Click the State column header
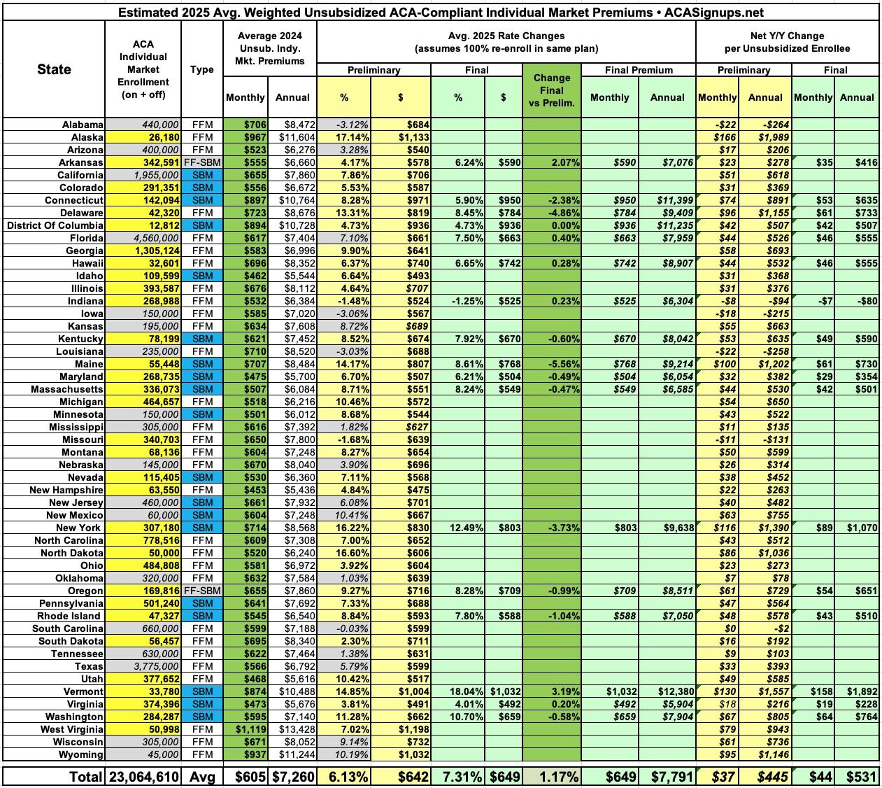[54, 69]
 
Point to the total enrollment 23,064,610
[143, 776]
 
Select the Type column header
[201, 69]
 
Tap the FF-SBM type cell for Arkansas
[201, 162]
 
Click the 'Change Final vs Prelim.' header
[551, 90]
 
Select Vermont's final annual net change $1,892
[858, 691]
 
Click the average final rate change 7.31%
[457, 776]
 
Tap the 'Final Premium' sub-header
[638, 70]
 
